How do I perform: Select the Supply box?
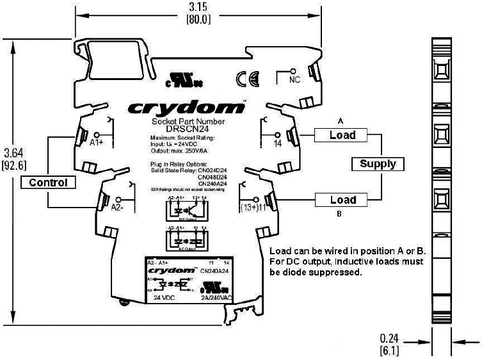click(x=378, y=163)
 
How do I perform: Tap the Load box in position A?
click(x=342, y=135)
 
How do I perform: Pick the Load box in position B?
click(x=342, y=200)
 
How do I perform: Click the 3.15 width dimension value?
click(x=198, y=7)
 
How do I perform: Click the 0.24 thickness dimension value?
click(x=389, y=338)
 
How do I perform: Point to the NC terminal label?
click(x=294, y=79)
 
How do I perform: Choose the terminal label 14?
click(x=278, y=143)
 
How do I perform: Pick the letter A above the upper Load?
click(x=342, y=120)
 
